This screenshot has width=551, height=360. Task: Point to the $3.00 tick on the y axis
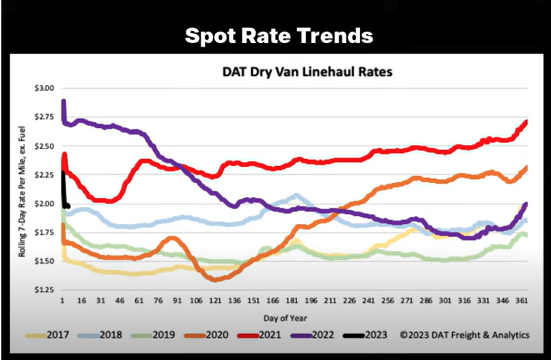point(45,89)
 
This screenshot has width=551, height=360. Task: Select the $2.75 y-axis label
point(45,117)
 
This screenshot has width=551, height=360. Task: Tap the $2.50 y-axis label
point(45,146)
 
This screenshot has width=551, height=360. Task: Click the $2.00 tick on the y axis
point(45,204)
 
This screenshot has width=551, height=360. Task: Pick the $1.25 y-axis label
point(45,290)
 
